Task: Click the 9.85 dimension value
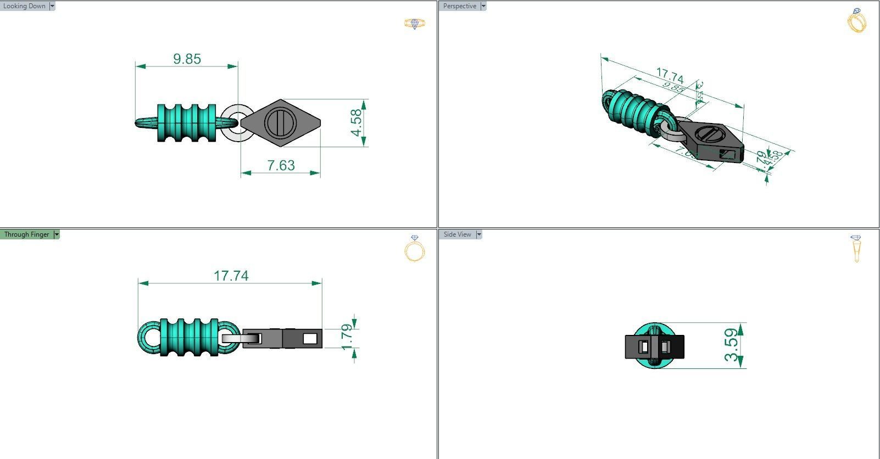187,59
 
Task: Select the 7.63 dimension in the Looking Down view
281,165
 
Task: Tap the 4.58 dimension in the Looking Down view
357,123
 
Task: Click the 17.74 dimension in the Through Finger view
231,275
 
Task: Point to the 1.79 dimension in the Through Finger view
347,337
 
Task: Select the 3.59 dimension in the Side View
731,345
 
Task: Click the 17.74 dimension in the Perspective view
670,75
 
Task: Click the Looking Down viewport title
24,6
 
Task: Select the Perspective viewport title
460,6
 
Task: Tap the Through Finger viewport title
26,234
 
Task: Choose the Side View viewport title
457,234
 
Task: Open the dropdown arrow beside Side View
479,234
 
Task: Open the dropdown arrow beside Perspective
483,6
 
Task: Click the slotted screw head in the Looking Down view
280,123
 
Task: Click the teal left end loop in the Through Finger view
148,337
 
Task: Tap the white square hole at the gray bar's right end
309,338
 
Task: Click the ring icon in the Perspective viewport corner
857,21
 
